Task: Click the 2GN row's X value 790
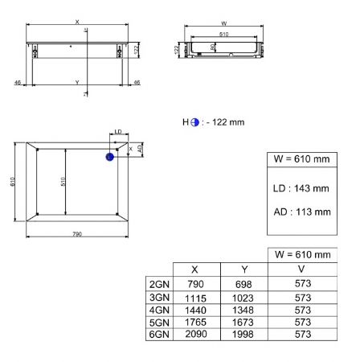pyautogui.click(x=195, y=284)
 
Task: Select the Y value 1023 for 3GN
pyautogui.click(x=243, y=298)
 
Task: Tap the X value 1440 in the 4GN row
pyautogui.click(x=195, y=311)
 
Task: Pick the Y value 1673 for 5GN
pyautogui.click(x=243, y=323)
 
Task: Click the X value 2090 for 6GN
pyautogui.click(x=196, y=334)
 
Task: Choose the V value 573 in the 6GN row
pyautogui.click(x=303, y=335)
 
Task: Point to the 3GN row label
pyautogui.click(x=159, y=298)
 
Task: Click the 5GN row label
pyautogui.click(x=159, y=323)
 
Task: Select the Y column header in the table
pyautogui.click(x=244, y=269)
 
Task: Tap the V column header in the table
pyautogui.click(x=301, y=269)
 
